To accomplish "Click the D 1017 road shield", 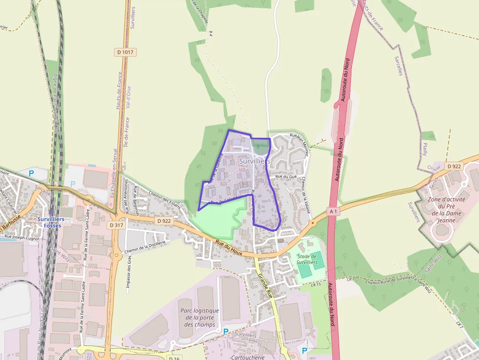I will pos(125,52).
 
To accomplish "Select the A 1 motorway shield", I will pos(333,211).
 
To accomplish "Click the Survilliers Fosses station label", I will pos(52,222).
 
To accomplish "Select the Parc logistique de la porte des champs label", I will pos(199,318).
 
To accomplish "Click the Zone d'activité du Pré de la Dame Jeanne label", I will pos(447,210).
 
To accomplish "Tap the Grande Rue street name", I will pos(264,286).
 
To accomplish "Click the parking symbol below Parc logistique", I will pos(225,331).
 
